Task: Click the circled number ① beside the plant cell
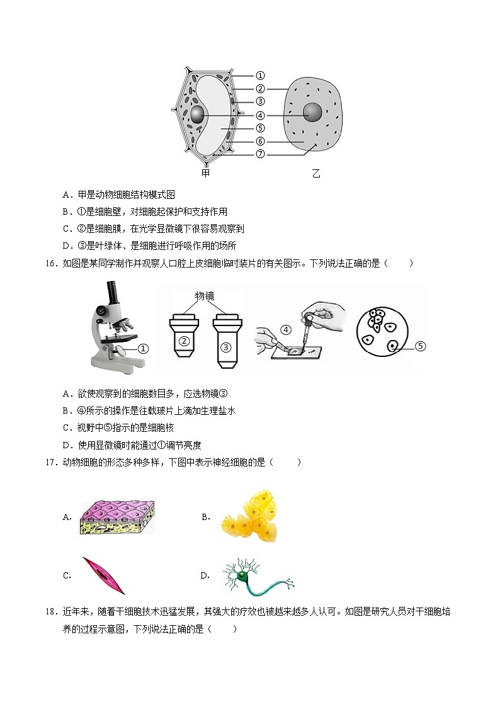pos(260,76)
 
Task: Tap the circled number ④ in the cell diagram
pos(260,115)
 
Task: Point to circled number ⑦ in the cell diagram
pos(260,154)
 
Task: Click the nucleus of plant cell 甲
pos(198,115)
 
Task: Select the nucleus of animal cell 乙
pos(313,113)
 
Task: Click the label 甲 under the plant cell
pos(205,173)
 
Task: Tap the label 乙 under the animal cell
pos(315,173)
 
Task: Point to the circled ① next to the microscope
pos(143,348)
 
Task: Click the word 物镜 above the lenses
pos(205,295)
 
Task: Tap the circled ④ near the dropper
pos(286,329)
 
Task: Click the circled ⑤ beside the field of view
pos(421,346)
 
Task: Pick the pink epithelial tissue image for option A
pos(117,518)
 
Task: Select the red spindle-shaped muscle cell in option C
pos(103,575)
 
